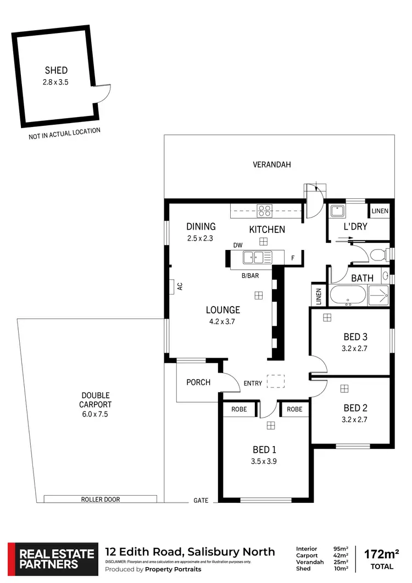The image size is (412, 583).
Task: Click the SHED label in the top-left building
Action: (x=56, y=70)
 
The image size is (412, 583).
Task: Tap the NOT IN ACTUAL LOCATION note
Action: (x=64, y=134)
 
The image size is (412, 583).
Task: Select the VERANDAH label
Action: (x=271, y=164)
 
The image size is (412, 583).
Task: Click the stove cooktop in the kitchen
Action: (x=265, y=209)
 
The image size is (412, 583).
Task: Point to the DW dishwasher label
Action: (x=238, y=246)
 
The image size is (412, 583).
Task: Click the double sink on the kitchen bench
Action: (x=258, y=256)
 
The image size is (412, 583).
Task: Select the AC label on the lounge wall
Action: (x=179, y=286)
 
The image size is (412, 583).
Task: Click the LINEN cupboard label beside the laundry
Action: (x=380, y=211)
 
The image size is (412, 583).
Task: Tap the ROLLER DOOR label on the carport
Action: (x=100, y=499)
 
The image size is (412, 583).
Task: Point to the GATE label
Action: (x=201, y=501)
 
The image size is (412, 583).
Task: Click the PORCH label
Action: (x=198, y=382)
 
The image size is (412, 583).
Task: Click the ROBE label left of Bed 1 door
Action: (x=239, y=409)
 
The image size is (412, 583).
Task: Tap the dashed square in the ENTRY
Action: (x=273, y=381)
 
